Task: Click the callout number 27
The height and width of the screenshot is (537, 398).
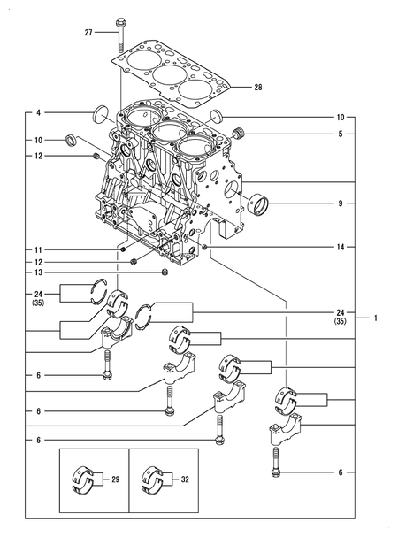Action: (88, 33)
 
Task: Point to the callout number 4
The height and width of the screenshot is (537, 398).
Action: (39, 112)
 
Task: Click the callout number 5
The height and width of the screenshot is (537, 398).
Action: (340, 134)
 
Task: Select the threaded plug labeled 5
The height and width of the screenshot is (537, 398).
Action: (236, 133)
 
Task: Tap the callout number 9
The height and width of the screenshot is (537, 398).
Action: (340, 204)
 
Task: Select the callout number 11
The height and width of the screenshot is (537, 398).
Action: (39, 250)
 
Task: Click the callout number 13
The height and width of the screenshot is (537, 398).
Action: (39, 273)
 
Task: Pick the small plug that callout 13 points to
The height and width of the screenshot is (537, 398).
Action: (165, 273)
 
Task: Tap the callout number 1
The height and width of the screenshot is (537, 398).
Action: (375, 317)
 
